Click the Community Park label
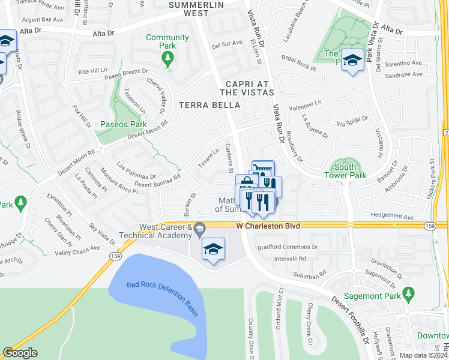[x=167, y=42]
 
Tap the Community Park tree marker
[x=167, y=58]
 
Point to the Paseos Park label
[x=128, y=125]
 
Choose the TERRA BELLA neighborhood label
[x=210, y=105]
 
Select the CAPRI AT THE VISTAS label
[x=247, y=88]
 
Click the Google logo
[x=20, y=353]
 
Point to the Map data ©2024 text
[x=423, y=355]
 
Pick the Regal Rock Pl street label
[x=298, y=64]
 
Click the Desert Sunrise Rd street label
[x=158, y=181]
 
